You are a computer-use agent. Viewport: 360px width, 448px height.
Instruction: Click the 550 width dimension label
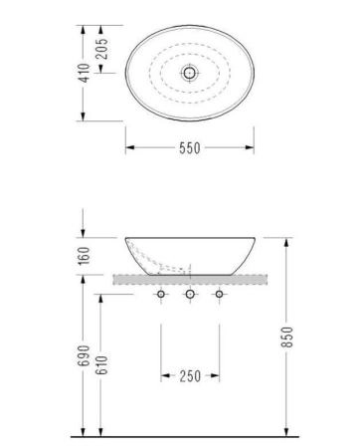click(190, 148)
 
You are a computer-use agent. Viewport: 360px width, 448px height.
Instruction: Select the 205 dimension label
click(101, 49)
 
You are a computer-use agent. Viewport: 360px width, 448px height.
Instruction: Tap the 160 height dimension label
click(84, 256)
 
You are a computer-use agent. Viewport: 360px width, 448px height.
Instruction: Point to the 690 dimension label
click(84, 355)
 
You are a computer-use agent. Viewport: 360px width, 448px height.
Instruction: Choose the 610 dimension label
click(101, 365)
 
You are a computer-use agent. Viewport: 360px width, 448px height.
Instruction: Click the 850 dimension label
click(287, 337)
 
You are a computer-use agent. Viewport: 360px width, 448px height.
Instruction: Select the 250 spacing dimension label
click(190, 376)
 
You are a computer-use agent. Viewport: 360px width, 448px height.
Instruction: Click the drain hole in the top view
click(190, 73)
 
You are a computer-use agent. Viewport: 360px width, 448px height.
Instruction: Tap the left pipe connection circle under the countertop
click(161, 294)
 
